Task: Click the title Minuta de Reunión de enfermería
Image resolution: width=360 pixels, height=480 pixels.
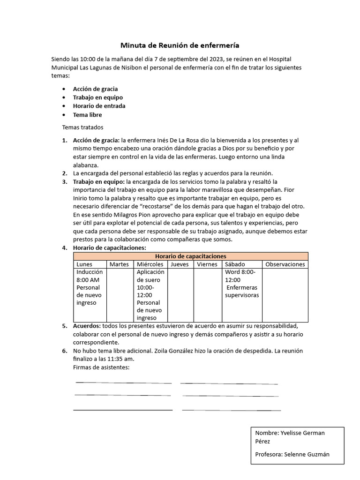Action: coord(180,45)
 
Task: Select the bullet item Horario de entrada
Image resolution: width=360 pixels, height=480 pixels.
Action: coord(99,106)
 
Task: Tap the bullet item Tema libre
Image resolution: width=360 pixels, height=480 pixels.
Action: coord(87,115)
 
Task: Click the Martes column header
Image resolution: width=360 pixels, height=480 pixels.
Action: coord(119,264)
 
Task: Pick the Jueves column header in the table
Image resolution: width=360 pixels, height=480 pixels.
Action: coord(180,264)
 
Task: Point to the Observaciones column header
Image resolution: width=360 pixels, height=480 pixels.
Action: coord(285,264)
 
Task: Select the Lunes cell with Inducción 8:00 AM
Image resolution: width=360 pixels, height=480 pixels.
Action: coord(90,287)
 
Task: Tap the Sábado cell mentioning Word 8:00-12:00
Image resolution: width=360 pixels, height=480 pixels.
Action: coord(241,284)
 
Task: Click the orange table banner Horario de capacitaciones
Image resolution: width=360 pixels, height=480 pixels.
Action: coord(191,256)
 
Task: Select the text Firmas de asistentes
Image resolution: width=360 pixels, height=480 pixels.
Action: coord(101,367)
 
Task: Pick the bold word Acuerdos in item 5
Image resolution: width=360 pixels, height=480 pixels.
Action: coord(87,326)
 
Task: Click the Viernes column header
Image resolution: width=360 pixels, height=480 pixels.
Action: coord(207,264)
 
